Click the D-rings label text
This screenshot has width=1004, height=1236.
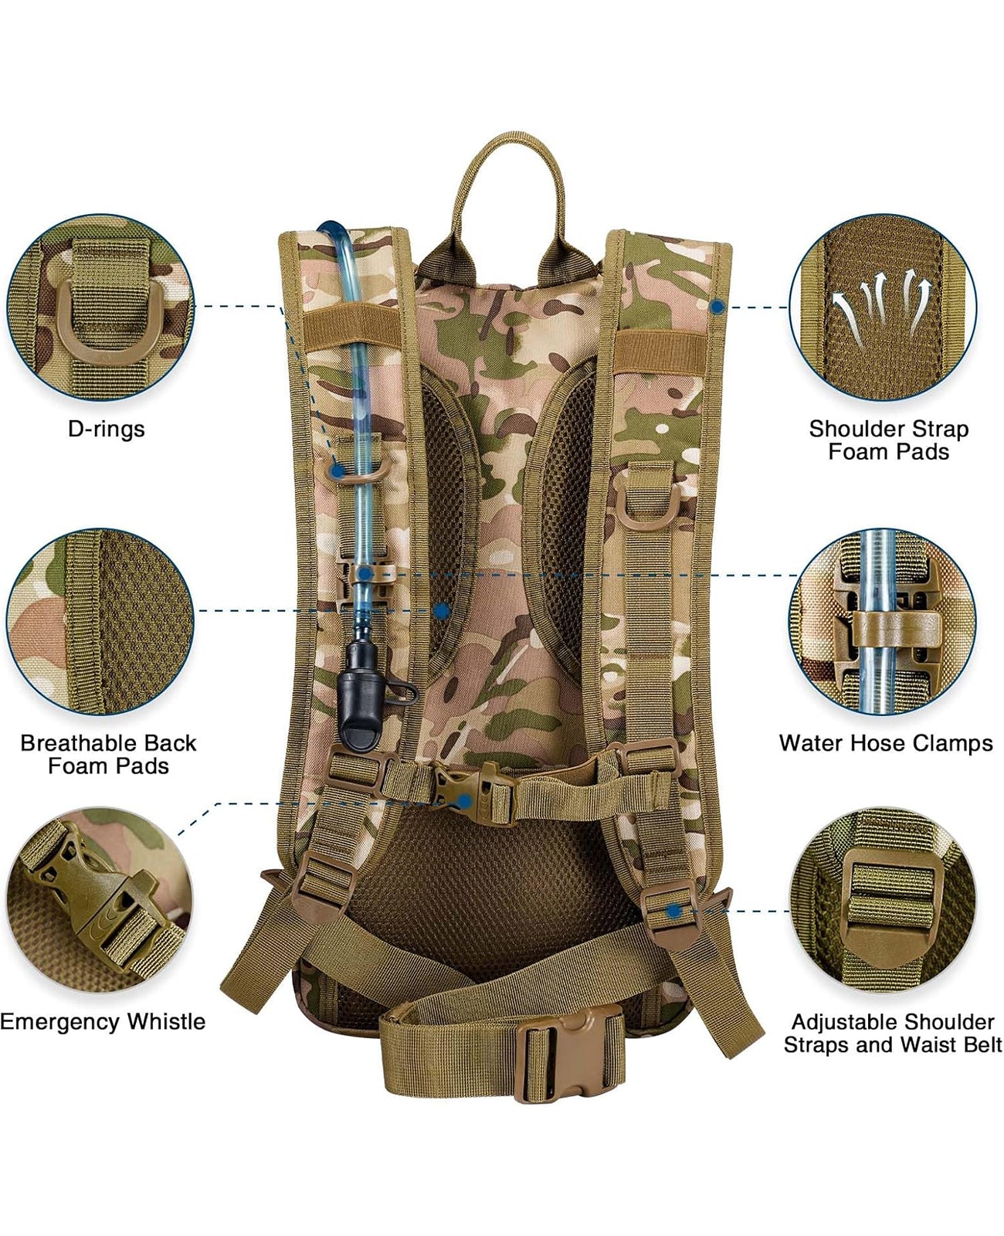coord(106,429)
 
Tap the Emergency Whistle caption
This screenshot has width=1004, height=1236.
coord(103,1021)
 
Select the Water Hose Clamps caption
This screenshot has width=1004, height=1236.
coord(886,743)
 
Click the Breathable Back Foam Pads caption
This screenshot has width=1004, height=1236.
coord(108,754)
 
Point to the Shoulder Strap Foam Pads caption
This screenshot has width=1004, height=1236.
coord(888,440)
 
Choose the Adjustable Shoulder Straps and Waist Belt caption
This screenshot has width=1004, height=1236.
coord(892,1033)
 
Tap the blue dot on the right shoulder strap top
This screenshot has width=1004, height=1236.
coord(717,307)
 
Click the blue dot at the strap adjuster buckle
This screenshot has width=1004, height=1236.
coord(674,911)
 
